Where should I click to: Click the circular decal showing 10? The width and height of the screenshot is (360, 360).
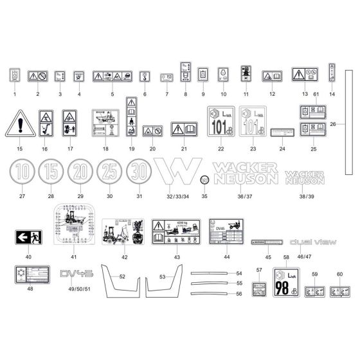(x=22, y=174)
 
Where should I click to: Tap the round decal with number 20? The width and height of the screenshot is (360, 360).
(x=80, y=174)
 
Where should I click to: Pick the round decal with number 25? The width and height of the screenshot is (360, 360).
(x=109, y=174)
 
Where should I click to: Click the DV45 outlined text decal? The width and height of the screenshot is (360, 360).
(x=76, y=274)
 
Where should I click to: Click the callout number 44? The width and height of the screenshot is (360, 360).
(x=227, y=256)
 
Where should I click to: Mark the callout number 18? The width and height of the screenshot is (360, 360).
(x=105, y=148)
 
